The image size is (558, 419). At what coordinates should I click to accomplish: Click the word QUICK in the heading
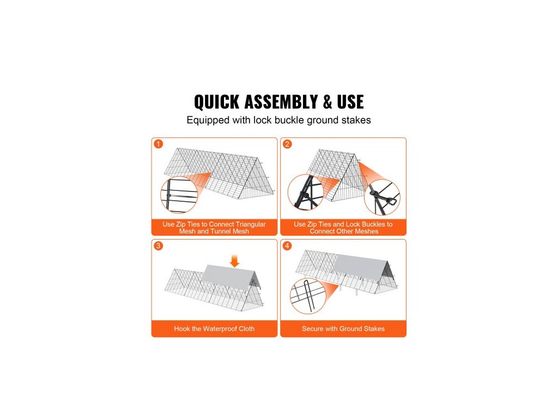tap(216, 102)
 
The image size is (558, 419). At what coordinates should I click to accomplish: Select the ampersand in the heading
tap(327, 102)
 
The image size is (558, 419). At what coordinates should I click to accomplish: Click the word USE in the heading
tap(350, 102)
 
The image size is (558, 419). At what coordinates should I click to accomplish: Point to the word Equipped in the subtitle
tap(208, 121)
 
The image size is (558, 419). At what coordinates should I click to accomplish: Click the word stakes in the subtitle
tap(356, 120)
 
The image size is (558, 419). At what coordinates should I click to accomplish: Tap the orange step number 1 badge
tap(159, 144)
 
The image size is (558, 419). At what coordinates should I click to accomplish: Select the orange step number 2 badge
tap(287, 144)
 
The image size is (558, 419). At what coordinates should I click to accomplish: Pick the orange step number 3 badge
tap(159, 246)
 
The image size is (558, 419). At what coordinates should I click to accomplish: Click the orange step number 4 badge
tap(287, 246)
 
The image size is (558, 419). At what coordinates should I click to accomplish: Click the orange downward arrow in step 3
tap(234, 261)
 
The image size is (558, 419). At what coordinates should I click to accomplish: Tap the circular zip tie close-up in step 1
tap(179, 195)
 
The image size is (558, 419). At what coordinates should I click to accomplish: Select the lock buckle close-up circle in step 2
tap(382, 197)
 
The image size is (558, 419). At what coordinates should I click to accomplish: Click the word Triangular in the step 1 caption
tap(251, 224)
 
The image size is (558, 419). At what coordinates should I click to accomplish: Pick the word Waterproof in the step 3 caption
tap(220, 329)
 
